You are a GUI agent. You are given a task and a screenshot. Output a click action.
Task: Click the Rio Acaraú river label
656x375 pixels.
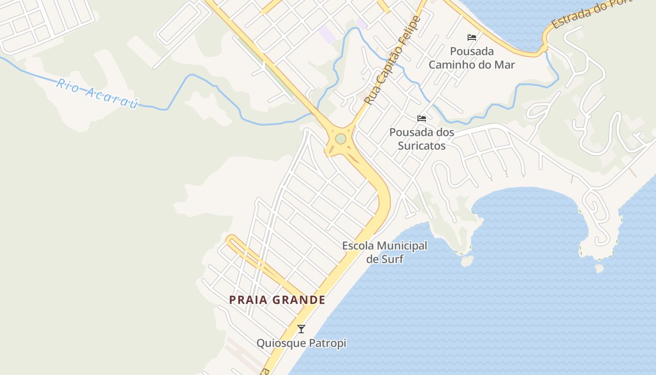(97, 94)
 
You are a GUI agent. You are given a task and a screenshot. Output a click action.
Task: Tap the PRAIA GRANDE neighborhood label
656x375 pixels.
(277, 300)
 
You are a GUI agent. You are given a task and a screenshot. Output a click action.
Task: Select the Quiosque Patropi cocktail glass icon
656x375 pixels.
(301, 329)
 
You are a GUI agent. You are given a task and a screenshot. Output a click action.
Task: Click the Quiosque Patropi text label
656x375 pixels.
(301, 343)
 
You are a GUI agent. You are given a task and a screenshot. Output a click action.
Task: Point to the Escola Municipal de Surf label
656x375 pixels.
(385, 252)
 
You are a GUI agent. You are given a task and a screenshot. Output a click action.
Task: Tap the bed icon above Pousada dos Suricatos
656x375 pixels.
(422, 119)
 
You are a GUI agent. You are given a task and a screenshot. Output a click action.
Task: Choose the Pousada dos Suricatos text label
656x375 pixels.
(422, 139)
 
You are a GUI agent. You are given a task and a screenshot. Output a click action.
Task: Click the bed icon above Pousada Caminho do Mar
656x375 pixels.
(472, 37)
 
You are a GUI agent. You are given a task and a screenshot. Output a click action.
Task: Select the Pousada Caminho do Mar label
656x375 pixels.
(472, 58)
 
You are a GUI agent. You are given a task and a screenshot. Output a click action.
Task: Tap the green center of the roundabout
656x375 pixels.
(341, 139)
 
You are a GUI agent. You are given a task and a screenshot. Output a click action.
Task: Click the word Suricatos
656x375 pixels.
(422, 145)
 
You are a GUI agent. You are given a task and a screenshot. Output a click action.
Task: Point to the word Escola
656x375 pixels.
(358, 246)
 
